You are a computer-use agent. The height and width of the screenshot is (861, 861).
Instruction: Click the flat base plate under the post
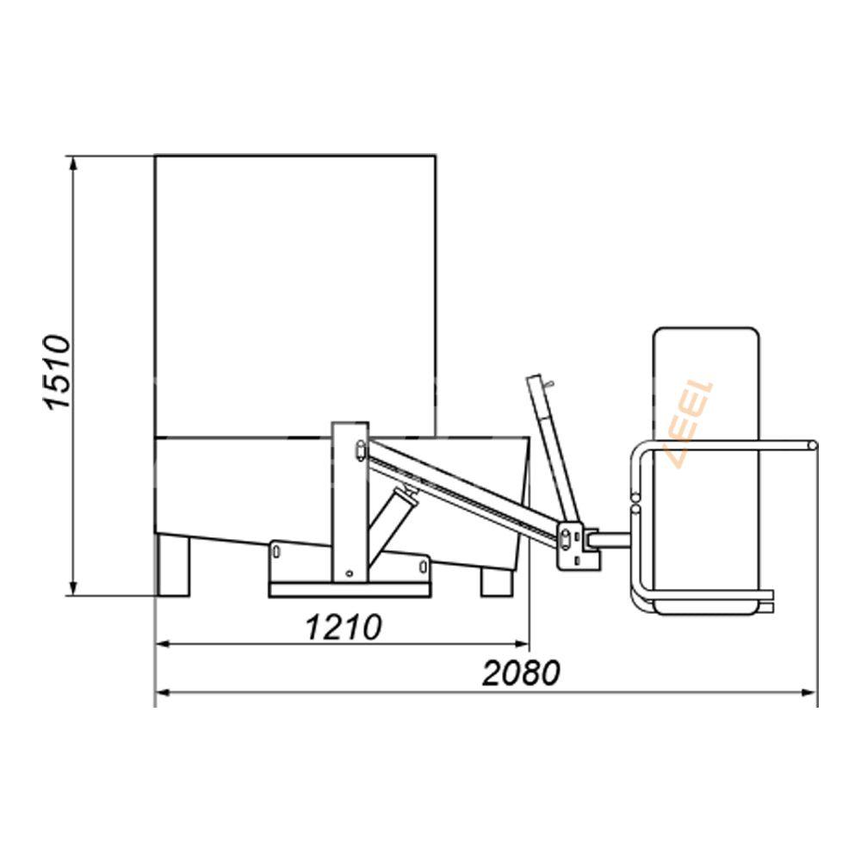pos(349,590)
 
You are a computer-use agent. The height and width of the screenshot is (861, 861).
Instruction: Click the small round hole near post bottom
pos(347,573)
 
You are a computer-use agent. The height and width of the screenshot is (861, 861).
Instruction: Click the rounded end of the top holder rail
pos(812,444)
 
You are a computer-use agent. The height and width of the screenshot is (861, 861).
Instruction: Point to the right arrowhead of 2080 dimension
pos(811,691)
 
